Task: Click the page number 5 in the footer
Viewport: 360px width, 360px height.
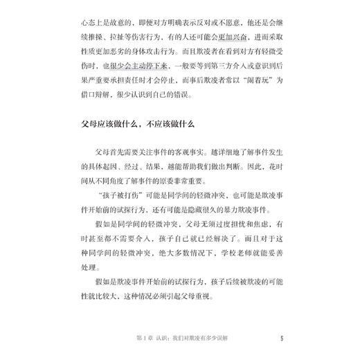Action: pos(282,339)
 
